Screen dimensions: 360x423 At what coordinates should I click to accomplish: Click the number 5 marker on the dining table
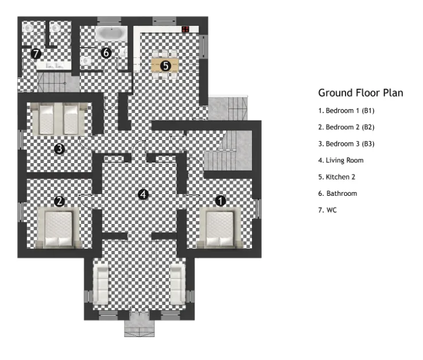click(165, 65)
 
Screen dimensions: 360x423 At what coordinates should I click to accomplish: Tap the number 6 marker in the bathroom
click(106, 53)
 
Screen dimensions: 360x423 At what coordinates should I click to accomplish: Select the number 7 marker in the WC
click(36, 54)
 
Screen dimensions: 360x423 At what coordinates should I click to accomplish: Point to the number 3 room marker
click(59, 149)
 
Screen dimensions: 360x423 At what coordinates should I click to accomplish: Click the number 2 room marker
click(59, 201)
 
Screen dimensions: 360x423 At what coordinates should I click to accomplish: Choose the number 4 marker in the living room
click(143, 195)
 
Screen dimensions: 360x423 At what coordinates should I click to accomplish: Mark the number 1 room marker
click(221, 200)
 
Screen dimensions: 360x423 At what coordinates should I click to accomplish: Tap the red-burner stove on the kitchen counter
click(186, 29)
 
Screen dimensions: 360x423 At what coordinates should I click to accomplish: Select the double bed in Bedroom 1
click(219, 228)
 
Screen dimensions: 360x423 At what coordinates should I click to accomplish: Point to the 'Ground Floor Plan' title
click(361, 92)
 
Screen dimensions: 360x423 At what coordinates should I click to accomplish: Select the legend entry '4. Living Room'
click(340, 160)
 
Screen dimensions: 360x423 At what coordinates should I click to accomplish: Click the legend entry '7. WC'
click(327, 210)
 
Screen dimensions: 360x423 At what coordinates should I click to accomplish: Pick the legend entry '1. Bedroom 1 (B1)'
click(346, 110)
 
